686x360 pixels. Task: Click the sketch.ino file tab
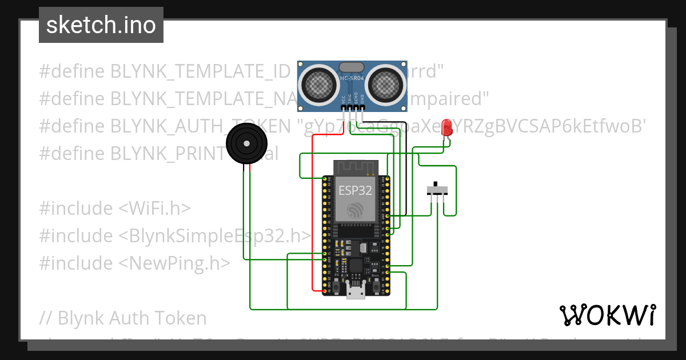101,25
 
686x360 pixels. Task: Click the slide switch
438,190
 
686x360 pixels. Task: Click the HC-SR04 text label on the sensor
353,79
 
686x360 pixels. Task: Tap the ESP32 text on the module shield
356,190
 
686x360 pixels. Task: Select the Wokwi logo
607,315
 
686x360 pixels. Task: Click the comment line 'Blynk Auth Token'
123,318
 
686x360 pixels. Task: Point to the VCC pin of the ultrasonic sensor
344,107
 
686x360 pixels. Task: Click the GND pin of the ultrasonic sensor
362,107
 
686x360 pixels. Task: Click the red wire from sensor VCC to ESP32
312,217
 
